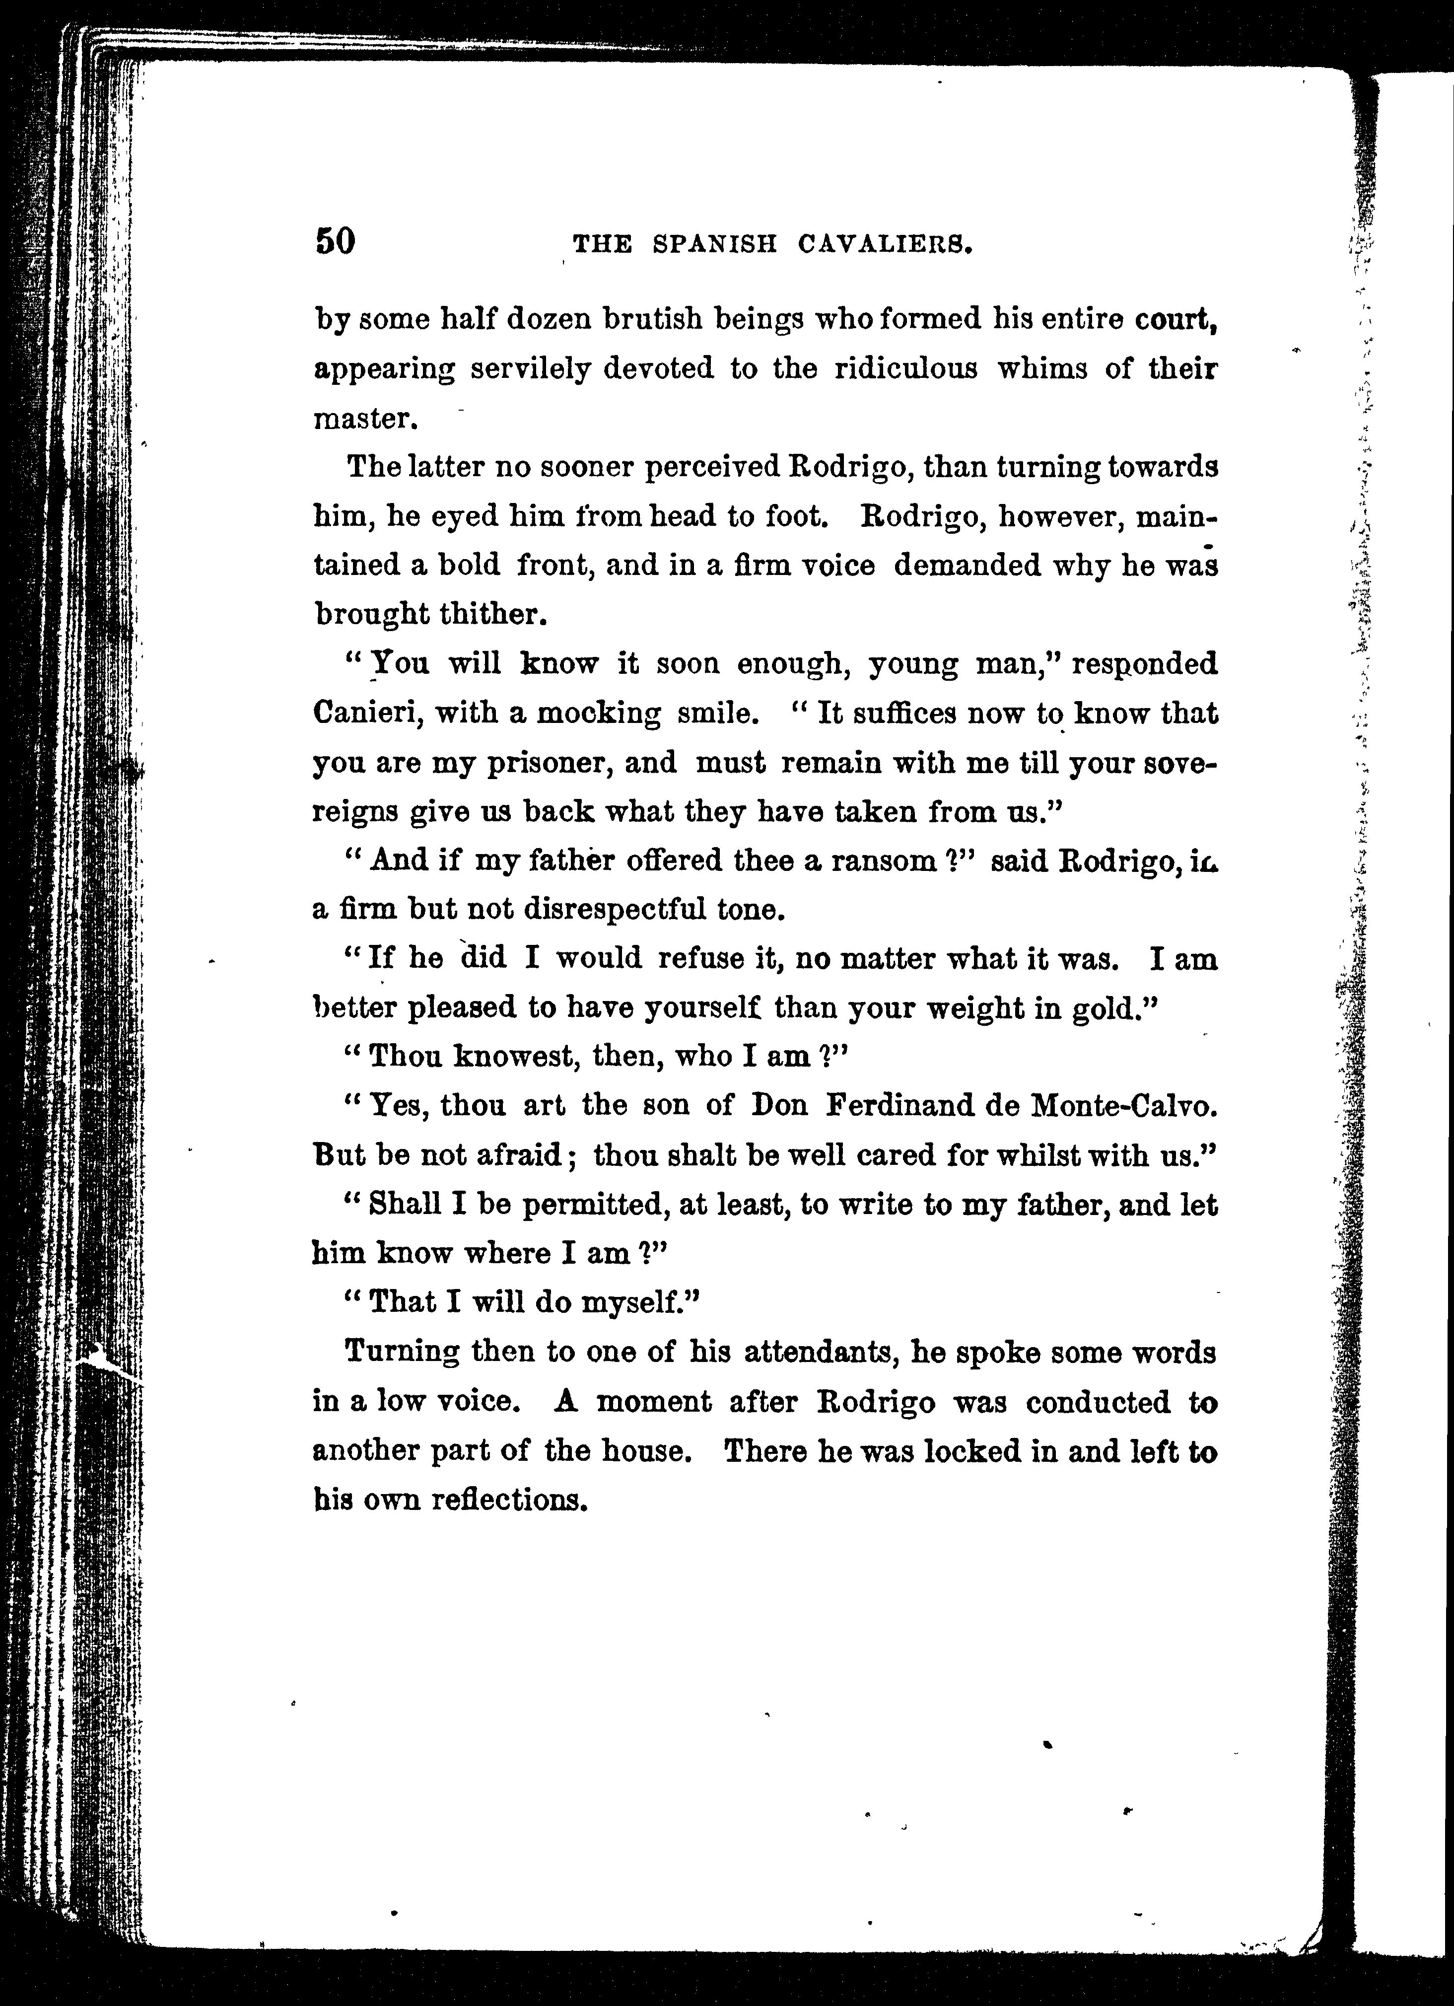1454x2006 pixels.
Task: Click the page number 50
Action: (335, 241)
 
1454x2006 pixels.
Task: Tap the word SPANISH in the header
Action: (715, 244)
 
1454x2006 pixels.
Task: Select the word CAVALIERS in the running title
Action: (885, 244)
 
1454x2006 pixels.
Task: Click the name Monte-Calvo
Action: (1124, 1106)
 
